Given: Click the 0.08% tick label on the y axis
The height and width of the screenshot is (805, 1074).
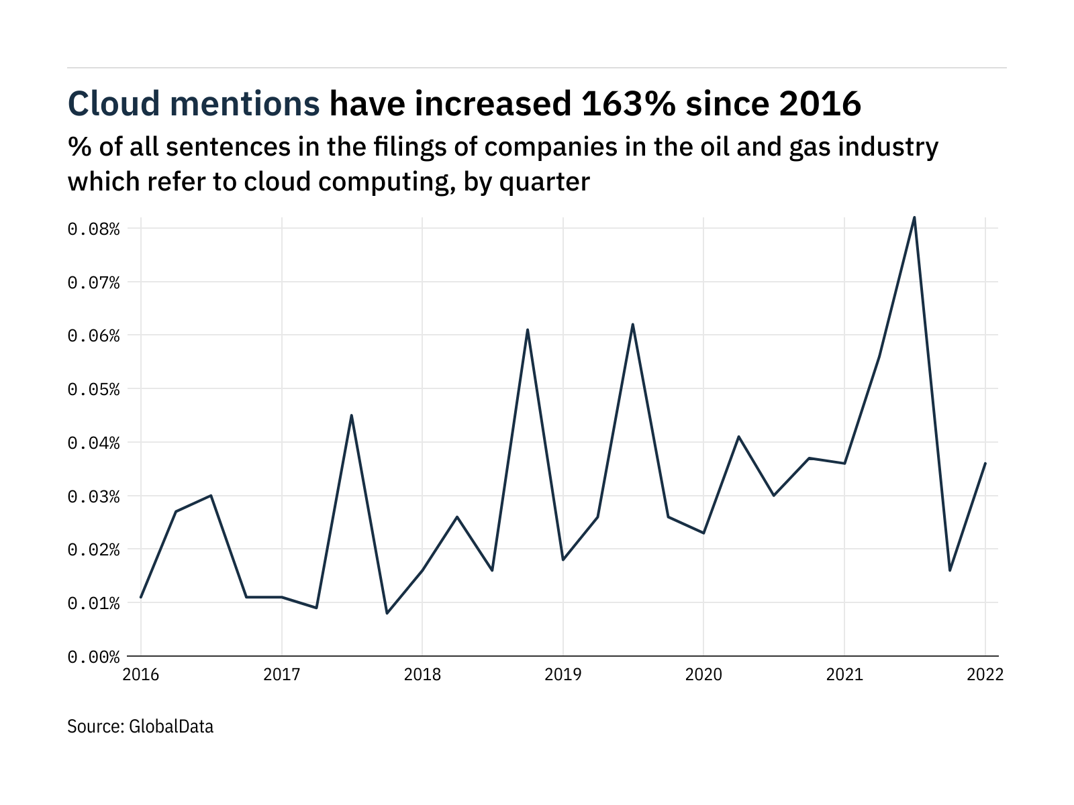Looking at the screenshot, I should coord(93,229).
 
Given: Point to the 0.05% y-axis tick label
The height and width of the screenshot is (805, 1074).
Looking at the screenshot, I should coord(93,390).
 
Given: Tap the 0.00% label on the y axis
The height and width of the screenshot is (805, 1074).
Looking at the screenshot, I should coord(93,657).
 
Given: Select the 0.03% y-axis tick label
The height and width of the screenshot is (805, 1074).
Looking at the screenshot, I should coord(93,496).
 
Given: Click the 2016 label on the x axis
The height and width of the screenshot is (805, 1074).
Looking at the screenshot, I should coord(141,675).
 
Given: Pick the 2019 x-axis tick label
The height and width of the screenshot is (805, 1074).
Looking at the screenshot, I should coord(563,675).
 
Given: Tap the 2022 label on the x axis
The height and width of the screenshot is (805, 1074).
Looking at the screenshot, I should coord(985,675).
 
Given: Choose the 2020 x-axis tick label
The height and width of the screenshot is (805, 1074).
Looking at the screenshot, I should coord(703,675).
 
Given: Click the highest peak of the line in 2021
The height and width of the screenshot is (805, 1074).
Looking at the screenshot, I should coord(914,217).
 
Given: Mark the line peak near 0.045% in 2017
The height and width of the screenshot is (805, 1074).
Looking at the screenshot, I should coord(352,415).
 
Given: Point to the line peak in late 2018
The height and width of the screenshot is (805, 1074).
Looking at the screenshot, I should coord(528,329).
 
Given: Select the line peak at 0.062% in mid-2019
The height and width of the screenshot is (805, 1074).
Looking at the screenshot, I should coord(632,324).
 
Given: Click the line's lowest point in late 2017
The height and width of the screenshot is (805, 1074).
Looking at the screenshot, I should coord(387,613).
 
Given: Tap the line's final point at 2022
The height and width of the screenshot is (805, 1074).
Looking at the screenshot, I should coord(985,464).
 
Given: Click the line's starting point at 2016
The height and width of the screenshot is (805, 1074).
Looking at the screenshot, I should coord(141,597).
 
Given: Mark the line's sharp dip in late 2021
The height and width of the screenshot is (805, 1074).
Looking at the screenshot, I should coord(950,570).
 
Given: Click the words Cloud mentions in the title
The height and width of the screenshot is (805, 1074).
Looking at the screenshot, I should coord(194,104).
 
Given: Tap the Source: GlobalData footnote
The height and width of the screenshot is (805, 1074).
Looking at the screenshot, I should coord(140,727).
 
